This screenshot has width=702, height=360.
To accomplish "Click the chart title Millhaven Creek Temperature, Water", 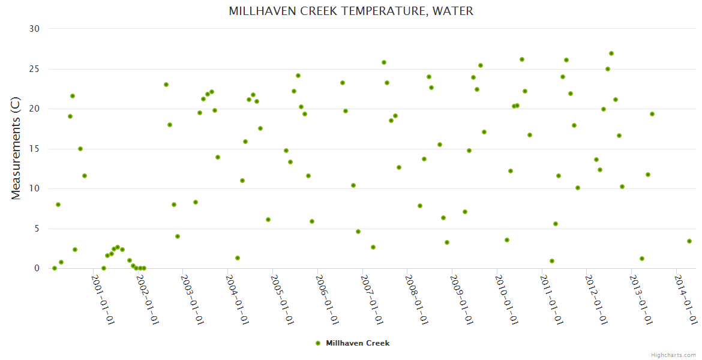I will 351,11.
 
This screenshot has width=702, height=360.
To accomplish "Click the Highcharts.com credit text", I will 673,355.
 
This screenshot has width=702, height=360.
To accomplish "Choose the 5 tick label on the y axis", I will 37,229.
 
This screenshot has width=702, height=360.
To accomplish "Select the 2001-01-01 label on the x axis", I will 103,299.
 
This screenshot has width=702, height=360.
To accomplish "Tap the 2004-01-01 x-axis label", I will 237,299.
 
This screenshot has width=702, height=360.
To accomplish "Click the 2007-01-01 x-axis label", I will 371,299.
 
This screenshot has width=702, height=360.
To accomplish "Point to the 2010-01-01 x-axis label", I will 506,299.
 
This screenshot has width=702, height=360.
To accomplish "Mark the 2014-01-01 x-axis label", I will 685,299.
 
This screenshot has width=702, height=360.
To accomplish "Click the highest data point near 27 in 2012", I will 611,53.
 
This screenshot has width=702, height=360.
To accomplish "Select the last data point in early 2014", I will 689,241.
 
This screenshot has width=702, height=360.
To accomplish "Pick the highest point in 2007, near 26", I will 384,62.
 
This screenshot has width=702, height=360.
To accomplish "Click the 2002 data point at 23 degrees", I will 166,85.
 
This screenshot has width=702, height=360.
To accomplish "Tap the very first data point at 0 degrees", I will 55,268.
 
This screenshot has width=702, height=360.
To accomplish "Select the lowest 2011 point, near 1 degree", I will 552,261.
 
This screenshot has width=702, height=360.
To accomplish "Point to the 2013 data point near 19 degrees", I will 652,114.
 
